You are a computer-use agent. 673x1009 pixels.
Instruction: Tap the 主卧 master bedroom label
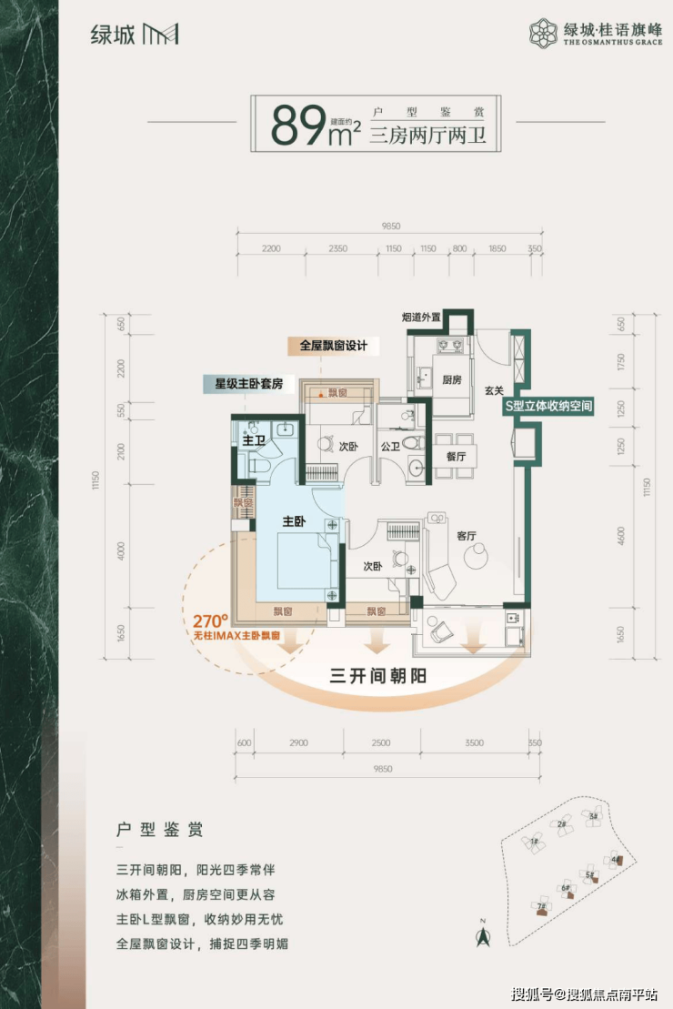(x=293, y=521)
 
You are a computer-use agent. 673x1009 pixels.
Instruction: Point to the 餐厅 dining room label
(x=455, y=457)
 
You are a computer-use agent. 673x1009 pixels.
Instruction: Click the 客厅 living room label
(x=467, y=536)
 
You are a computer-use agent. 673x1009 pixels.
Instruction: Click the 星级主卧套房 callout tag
(x=243, y=383)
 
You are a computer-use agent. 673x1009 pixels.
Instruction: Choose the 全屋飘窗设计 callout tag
(x=333, y=346)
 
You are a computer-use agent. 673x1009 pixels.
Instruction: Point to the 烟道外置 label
(x=421, y=318)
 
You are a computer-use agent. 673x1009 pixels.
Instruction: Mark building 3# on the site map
(x=593, y=818)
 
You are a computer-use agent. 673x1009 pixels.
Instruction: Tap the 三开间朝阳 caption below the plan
(x=377, y=676)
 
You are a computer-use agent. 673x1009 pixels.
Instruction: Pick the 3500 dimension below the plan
(x=473, y=742)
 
